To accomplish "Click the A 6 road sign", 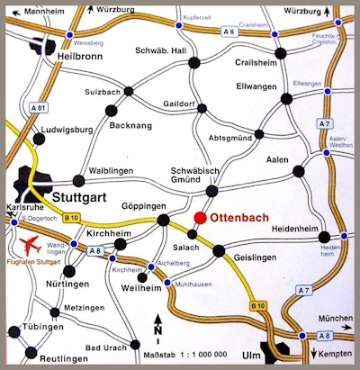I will point(230,32).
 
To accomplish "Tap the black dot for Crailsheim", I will point(281,52).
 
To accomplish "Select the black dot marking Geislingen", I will point(218,250).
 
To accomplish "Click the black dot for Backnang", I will point(112,110).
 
